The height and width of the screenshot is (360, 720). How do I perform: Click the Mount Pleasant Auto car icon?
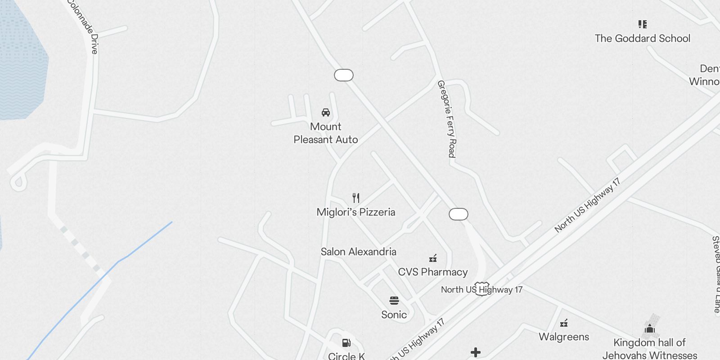(x=326, y=112)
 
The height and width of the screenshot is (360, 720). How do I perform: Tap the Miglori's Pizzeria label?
(x=356, y=212)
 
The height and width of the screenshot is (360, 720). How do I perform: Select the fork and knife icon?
(x=356, y=198)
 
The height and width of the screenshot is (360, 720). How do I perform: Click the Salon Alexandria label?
(x=358, y=252)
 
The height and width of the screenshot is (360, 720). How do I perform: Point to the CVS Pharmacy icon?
(x=433, y=258)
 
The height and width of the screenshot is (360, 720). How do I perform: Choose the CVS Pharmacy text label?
(x=433, y=272)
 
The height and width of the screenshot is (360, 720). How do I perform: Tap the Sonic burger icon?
(x=394, y=301)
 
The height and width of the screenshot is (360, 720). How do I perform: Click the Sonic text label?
(x=394, y=315)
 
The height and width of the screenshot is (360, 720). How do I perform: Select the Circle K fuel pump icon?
(x=346, y=343)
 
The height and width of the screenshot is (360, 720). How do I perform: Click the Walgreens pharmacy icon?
(x=564, y=323)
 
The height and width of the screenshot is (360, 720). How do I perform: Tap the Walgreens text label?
(x=564, y=337)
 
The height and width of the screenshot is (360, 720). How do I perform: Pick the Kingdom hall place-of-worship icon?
(x=650, y=329)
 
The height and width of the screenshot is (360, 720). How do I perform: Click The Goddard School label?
(x=642, y=38)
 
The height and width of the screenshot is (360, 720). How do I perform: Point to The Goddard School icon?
(x=643, y=24)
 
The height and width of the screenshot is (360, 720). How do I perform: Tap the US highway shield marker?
(x=482, y=288)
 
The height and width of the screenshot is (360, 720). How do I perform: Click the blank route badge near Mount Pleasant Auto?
(x=344, y=75)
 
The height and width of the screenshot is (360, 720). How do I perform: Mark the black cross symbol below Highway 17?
(x=476, y=352)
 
